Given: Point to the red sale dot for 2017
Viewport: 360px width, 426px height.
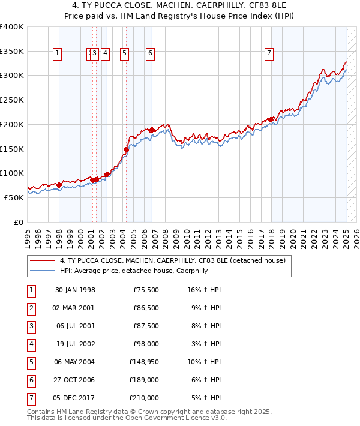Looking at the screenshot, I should pyautogui.click(x=271, y=119).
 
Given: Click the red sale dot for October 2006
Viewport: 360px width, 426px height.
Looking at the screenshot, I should pyautogui.click(x=152, y=130).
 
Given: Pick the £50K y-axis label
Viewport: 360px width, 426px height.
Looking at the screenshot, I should pyautogui.click(x=14, y=197).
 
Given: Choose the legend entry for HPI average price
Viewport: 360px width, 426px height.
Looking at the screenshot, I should pyautogui.click(x=133, y=271).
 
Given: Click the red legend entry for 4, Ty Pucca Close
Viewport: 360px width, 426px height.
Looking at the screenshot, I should pyautogui.click(x=175, y=260).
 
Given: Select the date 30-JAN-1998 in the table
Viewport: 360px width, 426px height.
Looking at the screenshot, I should pyautogui.click(x=75, y=290).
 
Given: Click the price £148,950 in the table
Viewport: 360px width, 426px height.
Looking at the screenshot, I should pyautogui.click(x=143, y=362).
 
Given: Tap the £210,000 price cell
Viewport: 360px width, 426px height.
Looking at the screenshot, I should pyautogui.click(x=143, y=398).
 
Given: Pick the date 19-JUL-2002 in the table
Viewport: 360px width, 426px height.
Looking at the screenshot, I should pyautogui.click(x=75, y=344).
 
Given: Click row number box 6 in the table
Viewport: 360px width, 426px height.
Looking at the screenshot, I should pyautogui.click(x=30, y=380).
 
